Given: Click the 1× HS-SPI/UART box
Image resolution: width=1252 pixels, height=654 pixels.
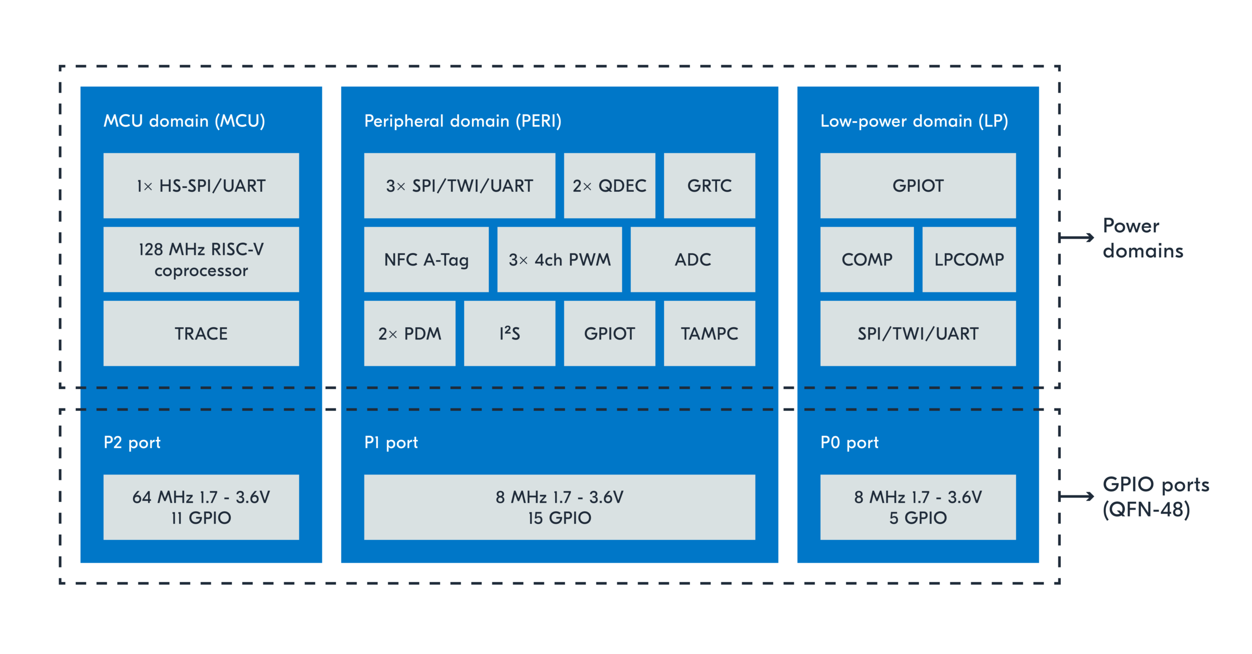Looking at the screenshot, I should [x=201, y=185].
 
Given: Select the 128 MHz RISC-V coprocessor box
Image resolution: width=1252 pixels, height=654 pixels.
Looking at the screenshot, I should [x=201, y=259].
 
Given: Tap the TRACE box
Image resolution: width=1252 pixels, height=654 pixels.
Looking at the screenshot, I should [x=201, y=333].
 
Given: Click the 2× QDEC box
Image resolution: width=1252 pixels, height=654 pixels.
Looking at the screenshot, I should [x=609, y=185].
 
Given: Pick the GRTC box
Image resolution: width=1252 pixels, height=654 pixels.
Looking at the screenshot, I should [x=709, y=185].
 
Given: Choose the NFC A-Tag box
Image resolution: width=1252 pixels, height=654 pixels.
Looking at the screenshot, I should [x=426, y=259].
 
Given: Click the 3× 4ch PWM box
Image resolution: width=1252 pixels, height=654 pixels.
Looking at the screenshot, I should [x=559, y=259].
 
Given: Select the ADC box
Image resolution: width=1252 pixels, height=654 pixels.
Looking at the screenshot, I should [x=692, y=259].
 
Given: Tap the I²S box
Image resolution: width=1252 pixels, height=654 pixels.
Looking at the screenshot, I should [x=509, y=333].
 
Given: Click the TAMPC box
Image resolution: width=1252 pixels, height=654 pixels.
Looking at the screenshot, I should [x=709, y=333].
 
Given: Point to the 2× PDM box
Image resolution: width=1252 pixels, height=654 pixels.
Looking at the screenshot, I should [x=409, y=333].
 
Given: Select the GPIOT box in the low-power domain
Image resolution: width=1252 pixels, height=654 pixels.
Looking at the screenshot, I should [x=917, y=185].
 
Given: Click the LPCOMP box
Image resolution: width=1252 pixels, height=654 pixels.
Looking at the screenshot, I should [x=968, y=259].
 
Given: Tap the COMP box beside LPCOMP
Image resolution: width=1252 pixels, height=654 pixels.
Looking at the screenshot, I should [x=867, y=259].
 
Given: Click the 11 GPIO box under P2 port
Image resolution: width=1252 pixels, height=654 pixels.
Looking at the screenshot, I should [x=201, y=507].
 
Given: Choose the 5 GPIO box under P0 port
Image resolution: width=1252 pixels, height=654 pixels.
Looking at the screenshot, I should [x=917, y=507].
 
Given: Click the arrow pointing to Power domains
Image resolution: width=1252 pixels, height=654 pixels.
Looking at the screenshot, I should [x=1076, y=238].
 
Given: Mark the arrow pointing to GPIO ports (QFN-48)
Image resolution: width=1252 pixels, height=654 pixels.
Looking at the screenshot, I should [x=1076, y=496].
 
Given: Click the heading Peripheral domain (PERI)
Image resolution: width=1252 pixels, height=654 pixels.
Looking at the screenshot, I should [x=463, y=121].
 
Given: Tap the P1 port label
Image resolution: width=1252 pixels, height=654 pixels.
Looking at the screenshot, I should [x=391, y=442].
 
